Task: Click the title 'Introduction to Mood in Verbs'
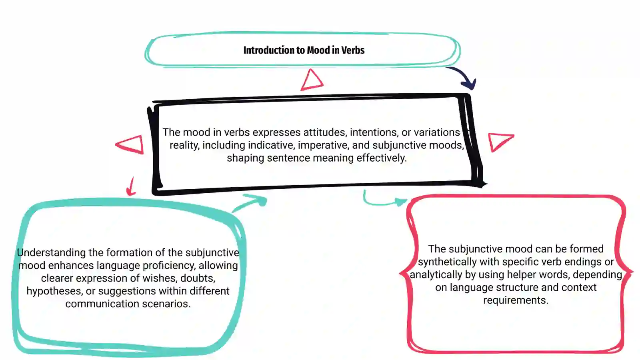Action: pyautogui.click(x=304, y=50)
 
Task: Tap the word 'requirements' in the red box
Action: pyautogui.click(x=516, y=300)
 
